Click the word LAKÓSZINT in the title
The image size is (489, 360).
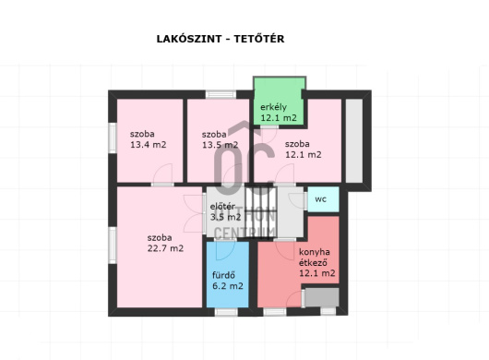(x=188, y=39)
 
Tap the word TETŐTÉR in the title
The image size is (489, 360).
(x=259, y=39)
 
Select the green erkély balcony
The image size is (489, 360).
(x=280, y=102)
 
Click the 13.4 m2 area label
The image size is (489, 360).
(x=149, y=145)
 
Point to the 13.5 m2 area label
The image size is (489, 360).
(x=221, y=145)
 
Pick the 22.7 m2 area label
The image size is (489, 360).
(x=165, y=248)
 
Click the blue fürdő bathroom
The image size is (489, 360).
(x=227, y=274)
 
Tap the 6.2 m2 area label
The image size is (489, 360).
(x=227, y=286)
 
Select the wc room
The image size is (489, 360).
(x=323, y=199)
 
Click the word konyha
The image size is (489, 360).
(x=315, y=252)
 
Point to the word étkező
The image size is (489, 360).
(x=313, y=263)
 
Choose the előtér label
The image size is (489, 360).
(x=222, y=207)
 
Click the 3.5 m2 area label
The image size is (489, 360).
(x=225, y=217)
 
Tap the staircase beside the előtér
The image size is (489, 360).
(x=261, y=212)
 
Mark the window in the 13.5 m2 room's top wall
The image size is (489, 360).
(x=221, y=94)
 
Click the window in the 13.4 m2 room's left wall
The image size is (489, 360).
(x=113, y=138)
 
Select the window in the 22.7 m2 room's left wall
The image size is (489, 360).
(x=113, y=246)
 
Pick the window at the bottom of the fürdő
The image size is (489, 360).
(x=226, y=312)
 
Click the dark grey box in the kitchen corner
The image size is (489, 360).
(x=322, y=297)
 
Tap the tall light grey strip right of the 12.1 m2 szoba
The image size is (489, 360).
(x=354, y=140)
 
